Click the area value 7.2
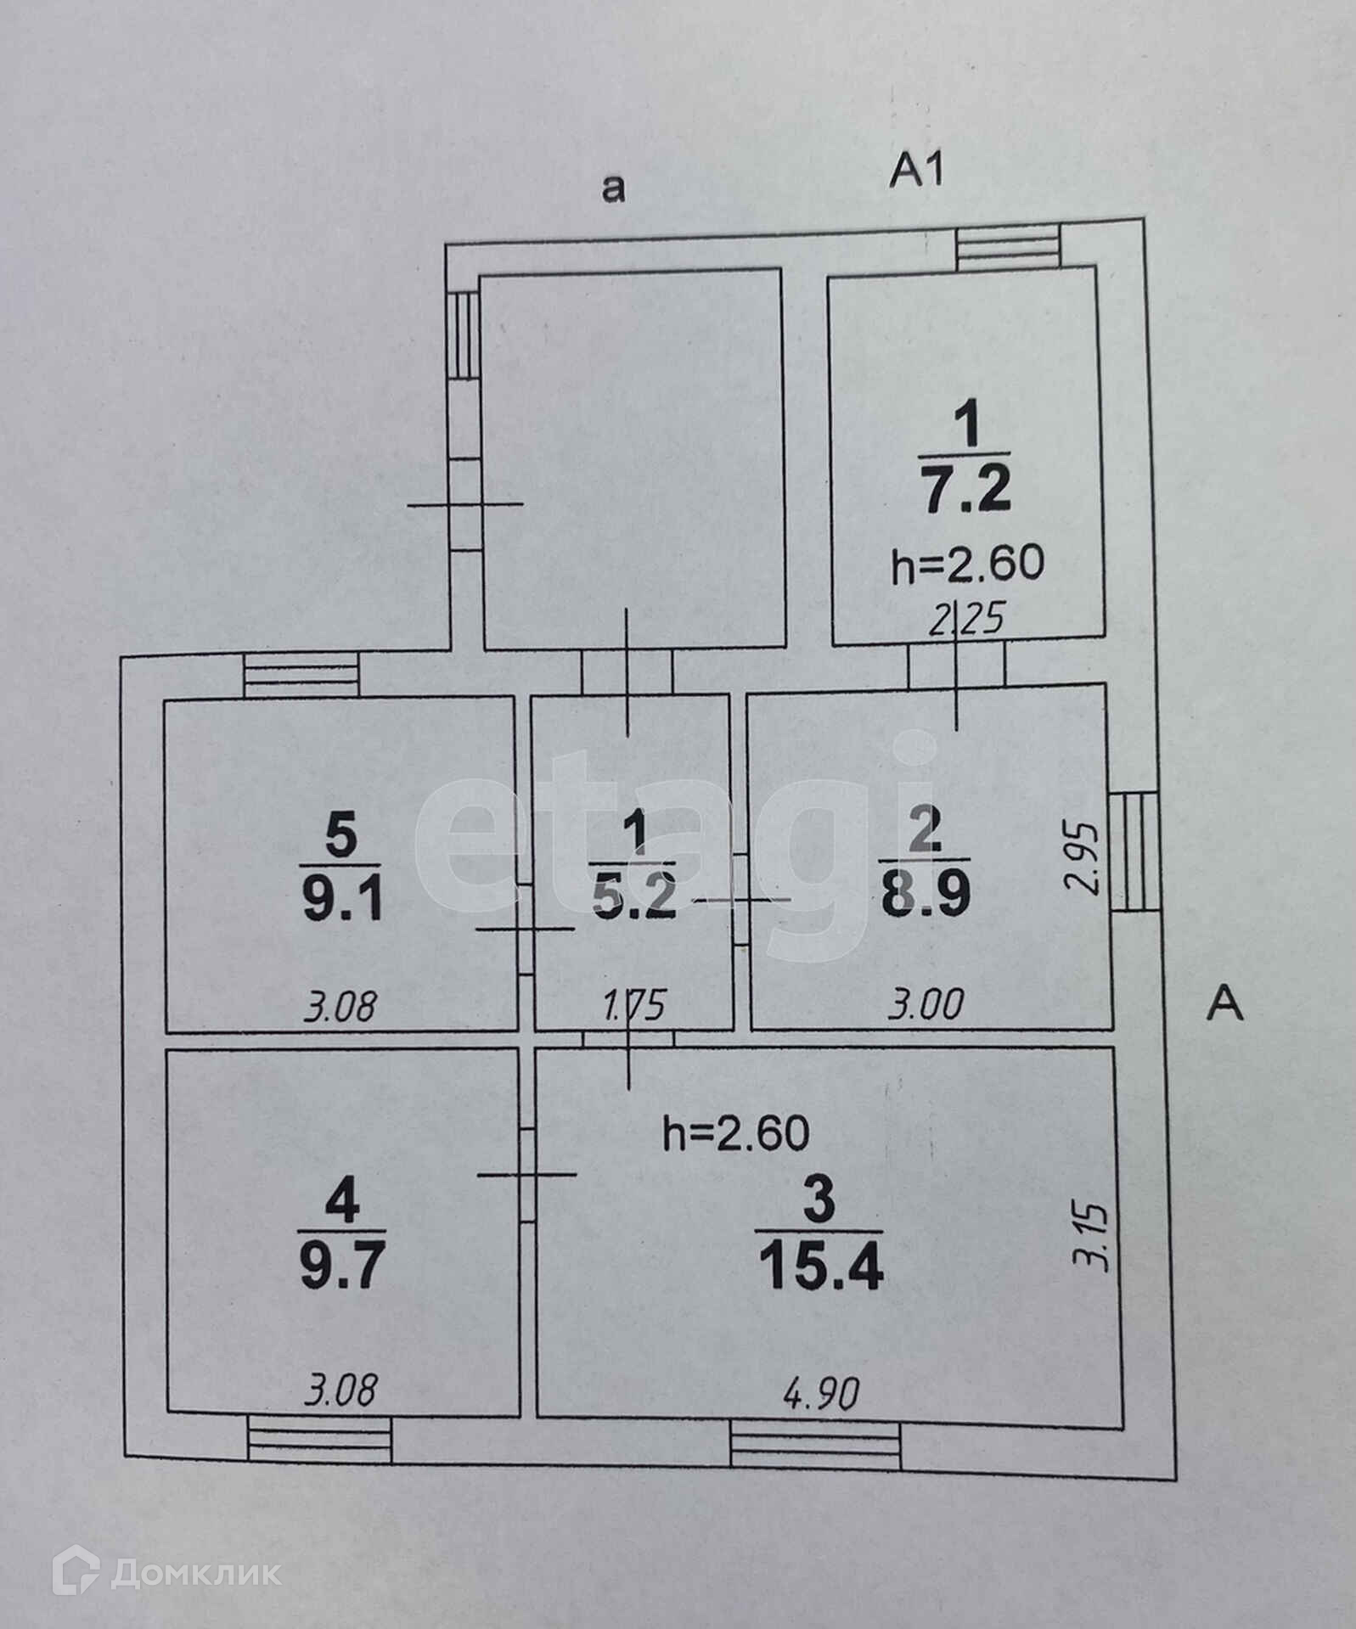pyautogui.click(x=965, y=491)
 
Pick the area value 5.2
pyautogui.click(x=635, y=898)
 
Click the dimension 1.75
pyautogui.click(x=635, y=1008)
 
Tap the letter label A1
pyautogui.click(x=916, y=172)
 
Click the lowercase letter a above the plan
pyautogui.click(x=612, y=188)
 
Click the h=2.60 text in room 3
pyautogui.click(x=735, y=1133)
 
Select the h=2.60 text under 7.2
pyautogui.click(x=967, y=563)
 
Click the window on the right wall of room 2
pyautogui.click(x=1134, y=851)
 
